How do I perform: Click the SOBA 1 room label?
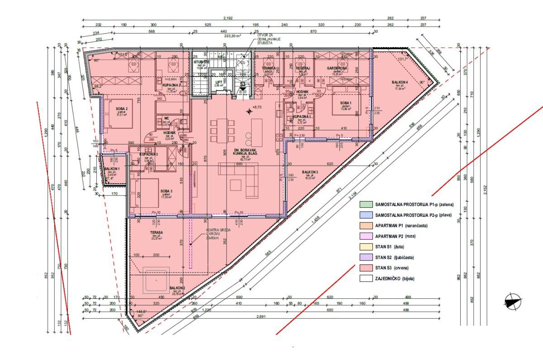(x=347, y=103)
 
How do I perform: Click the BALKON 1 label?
(x=111, y=169)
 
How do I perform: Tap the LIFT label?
(x=219, y=82)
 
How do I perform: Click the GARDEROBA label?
(x=337, y=68)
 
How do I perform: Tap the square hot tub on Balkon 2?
(x=157, y=280)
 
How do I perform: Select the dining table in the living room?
(x=222, y=128)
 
